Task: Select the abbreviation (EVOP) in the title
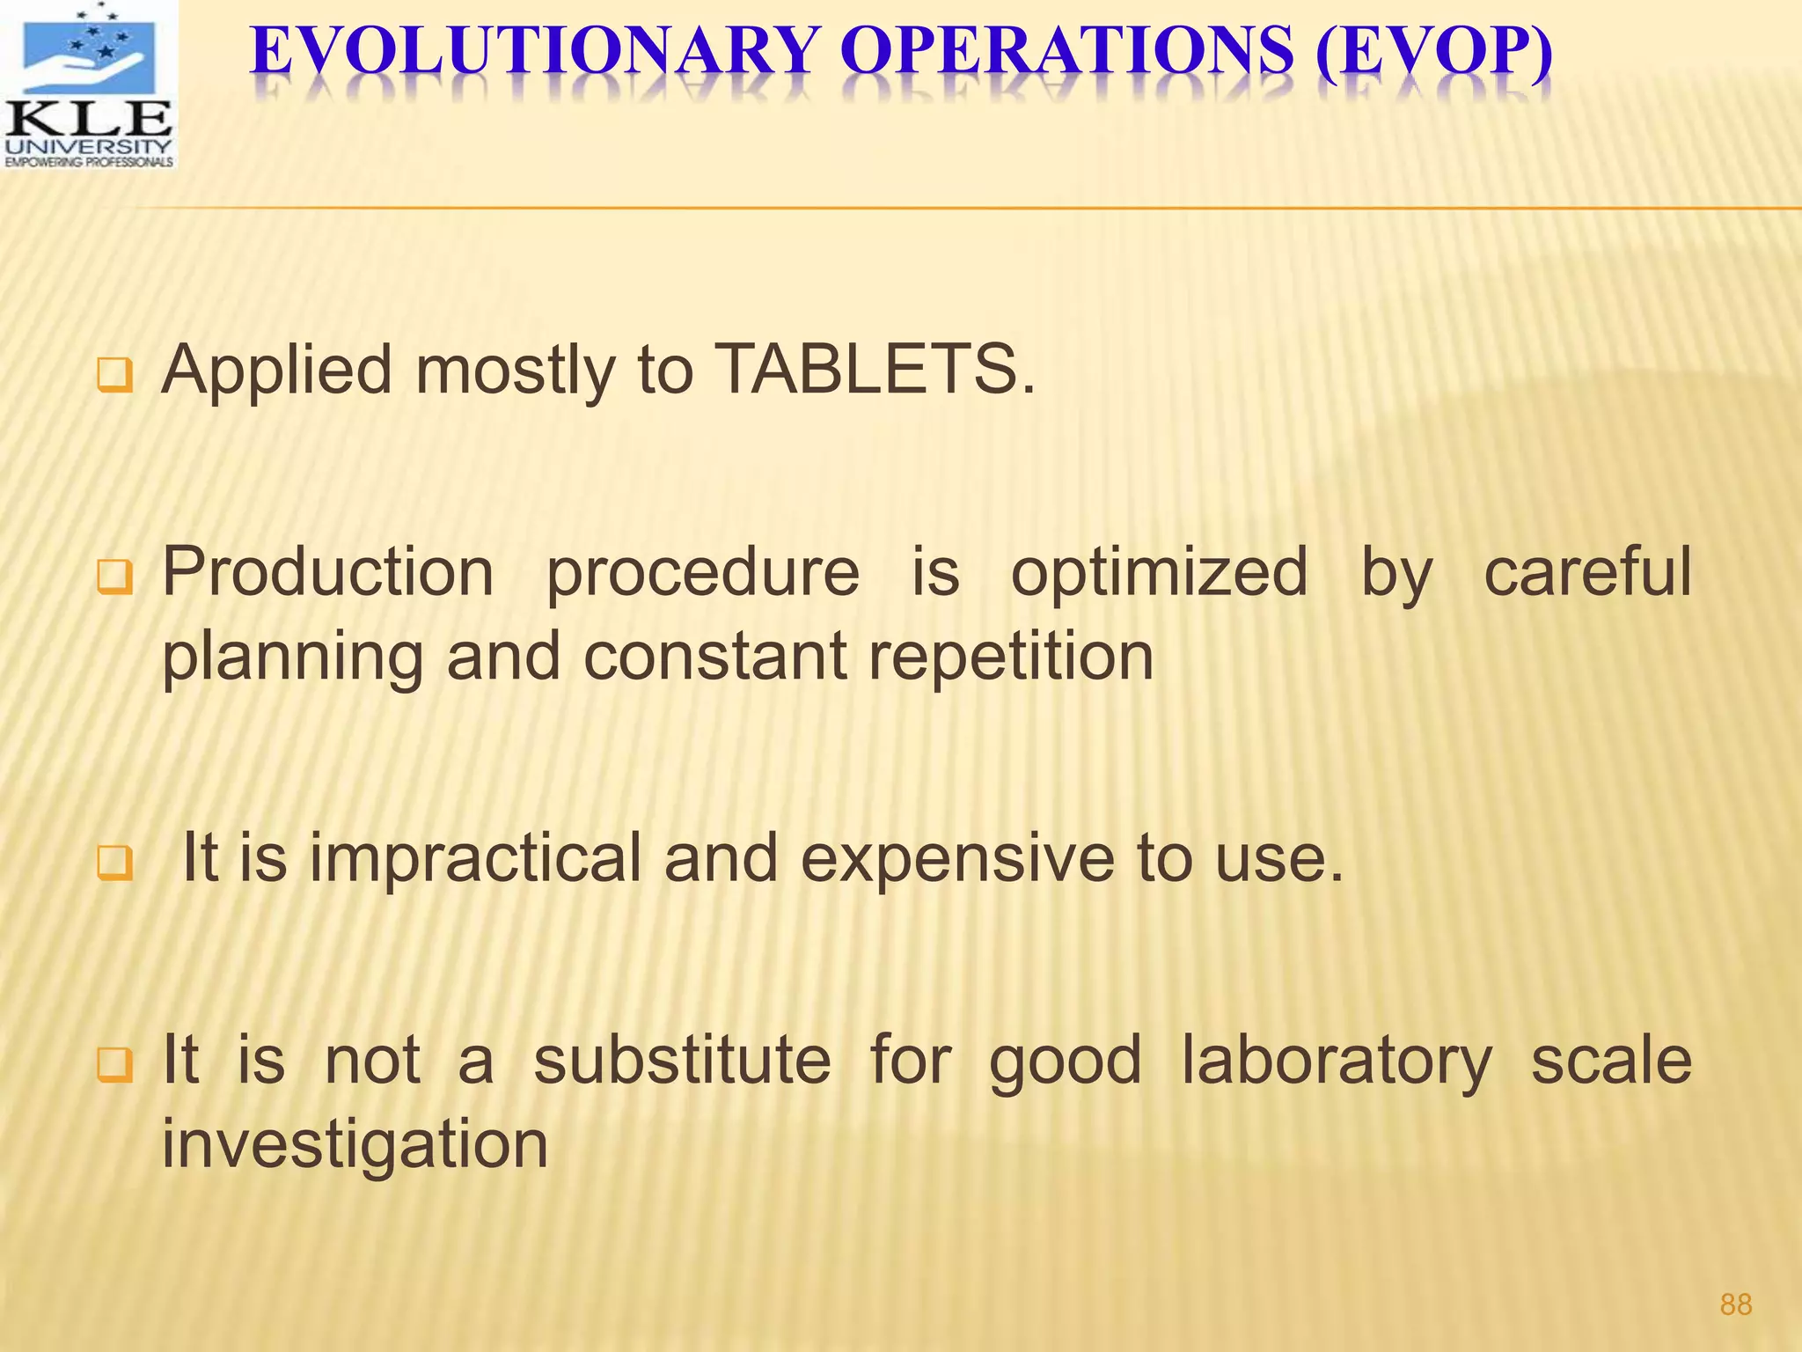(x=1433, y=53)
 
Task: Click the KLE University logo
(x=88, y=84)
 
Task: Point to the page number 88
(x=1735, y=1304)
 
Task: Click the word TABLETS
(x=875, y=370)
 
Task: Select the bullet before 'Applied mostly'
(x=114, y=377)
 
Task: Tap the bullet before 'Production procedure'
(x=114, y=578)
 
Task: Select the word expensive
(x=956, y=859)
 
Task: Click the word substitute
(x=682, y=1060)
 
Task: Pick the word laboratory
(x=1337, y=1062)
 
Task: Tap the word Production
(x=328, y=572)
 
